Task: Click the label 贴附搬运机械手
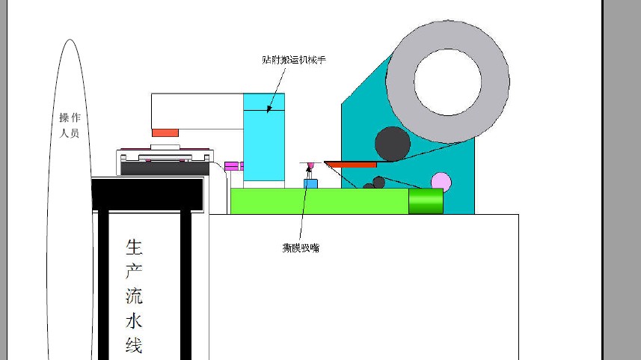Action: click(294, 59)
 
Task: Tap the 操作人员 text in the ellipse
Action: click(70, 126)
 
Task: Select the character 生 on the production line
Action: click(134, 247)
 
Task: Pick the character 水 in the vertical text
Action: click(134, 321)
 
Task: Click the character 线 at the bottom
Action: click(134, 346)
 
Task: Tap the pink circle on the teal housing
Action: click(441, 182)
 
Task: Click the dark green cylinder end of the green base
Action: click(426, 201)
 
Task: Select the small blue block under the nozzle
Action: click(310, 183)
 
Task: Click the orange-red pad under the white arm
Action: click(165, 132)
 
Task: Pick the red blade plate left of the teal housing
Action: click(351, 164)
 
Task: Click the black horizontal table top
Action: click(147, 193)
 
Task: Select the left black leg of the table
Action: click(103, 284)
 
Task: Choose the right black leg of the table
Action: click(185, 284)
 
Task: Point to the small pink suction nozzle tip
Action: click(310, 165)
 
